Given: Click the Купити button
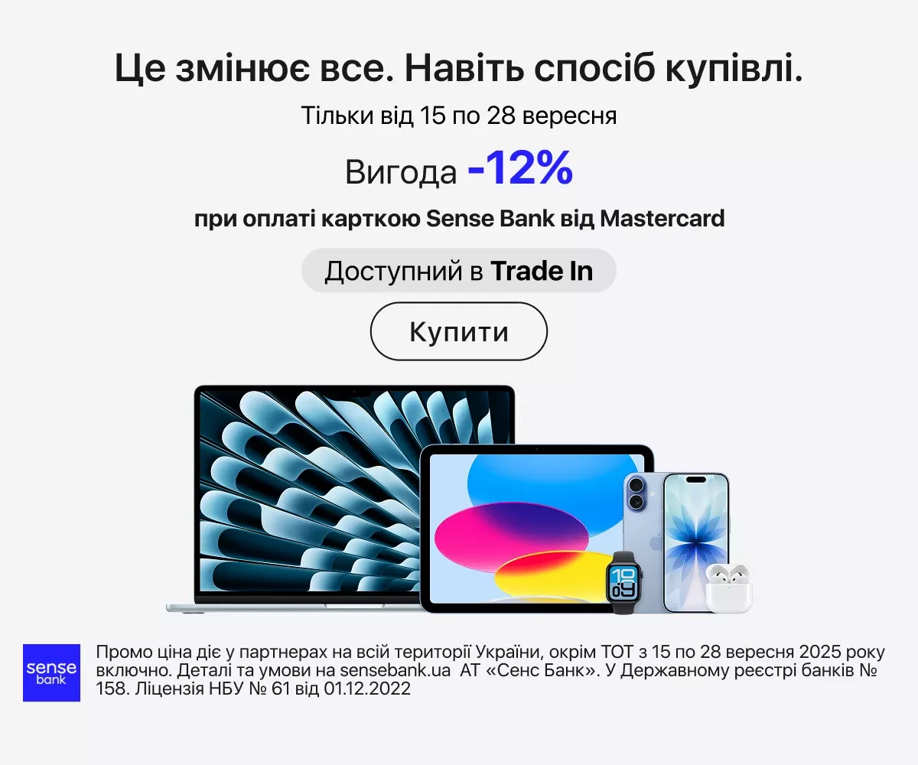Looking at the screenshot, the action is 458,331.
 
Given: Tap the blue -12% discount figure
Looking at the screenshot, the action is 520,168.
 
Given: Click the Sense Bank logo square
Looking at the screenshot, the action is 51,672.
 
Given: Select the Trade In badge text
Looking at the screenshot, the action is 458,270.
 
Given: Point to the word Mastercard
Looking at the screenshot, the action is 662,219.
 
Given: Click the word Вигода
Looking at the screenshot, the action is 401,172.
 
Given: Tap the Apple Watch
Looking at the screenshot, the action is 623,582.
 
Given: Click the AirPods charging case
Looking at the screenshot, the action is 728,589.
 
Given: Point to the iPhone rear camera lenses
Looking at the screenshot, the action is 636,493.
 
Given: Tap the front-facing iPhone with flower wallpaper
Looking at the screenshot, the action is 696,542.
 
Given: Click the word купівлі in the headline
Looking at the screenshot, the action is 734,69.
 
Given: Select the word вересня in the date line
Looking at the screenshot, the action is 570,116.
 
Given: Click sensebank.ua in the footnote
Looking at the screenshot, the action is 395,670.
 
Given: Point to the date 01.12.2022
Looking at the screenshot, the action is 367,688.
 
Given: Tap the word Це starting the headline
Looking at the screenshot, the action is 140,69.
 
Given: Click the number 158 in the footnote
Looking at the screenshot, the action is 112,688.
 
